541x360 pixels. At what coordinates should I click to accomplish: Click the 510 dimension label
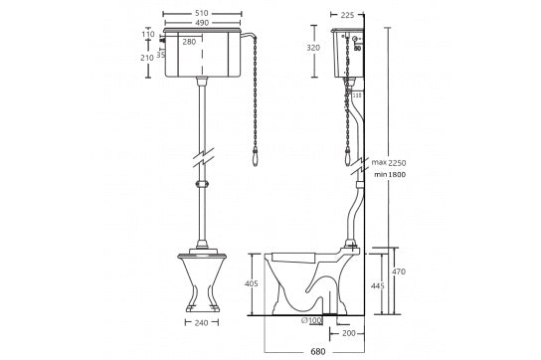point(202,13)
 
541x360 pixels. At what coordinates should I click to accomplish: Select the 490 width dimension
point(202,23)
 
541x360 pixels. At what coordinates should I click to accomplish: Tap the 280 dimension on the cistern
point(189,42)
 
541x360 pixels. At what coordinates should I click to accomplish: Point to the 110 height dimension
point(148,34)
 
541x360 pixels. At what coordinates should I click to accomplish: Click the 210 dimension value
point(147,58)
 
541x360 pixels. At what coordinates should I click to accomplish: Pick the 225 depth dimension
point(347,15)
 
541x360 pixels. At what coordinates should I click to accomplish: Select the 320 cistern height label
point(313,48)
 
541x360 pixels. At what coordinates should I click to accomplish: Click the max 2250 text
point(389,162)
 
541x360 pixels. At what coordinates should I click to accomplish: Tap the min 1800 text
point(390,174)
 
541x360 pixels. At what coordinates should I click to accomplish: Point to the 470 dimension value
point(399,271)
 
